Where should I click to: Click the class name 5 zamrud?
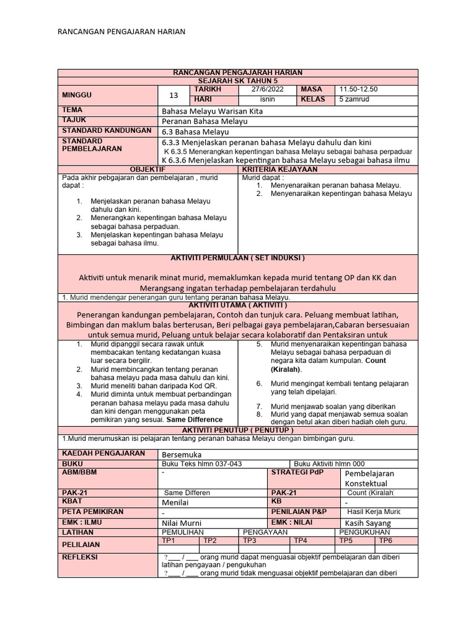(353, 100)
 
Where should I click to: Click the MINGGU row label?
(76, 95)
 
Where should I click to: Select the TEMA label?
(73, 110)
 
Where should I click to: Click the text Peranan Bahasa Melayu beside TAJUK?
(204, 121)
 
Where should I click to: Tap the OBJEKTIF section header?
(148, 169)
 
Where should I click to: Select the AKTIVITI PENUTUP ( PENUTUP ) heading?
(238, 430)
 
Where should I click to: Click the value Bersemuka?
(177, 455)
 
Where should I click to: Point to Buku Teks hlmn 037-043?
(201, 464)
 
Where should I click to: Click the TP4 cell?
(301, 541)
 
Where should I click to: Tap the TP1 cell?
(168, 541)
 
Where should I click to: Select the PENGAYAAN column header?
(265, 532)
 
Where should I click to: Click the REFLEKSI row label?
(80, 557)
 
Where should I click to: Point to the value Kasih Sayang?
(368, 523)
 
